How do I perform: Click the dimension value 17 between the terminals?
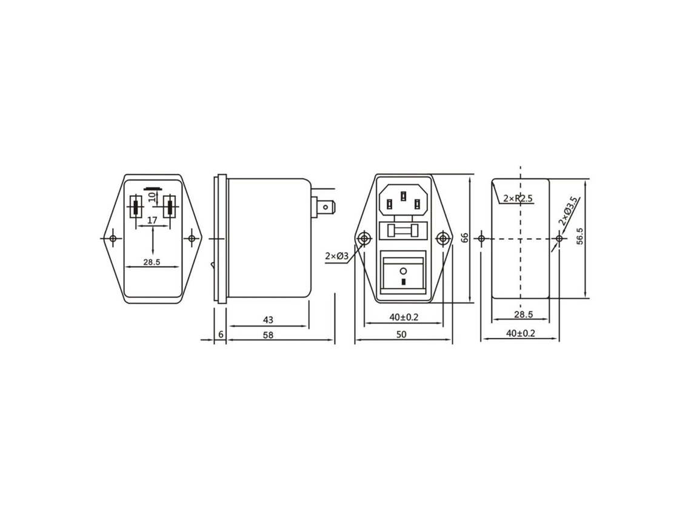click(152, 220)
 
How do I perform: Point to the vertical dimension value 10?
click(153, 196)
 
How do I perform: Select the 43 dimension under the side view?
click(268, 319)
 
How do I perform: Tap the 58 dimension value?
click(268, 335)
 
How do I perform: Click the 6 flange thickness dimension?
click(221, 335)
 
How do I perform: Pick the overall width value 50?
click(401, 334)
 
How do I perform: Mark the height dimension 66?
click(464, 238)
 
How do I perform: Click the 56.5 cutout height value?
click(580, 236)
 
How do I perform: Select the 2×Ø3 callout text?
click(336, 256)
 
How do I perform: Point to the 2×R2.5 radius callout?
click(518, 199)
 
